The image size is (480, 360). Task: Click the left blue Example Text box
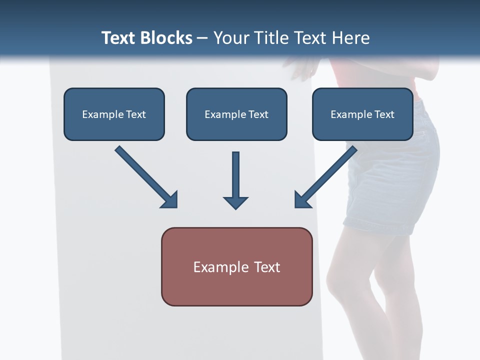click(x=114, y=114)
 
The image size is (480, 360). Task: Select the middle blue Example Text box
click(x=236, y=114)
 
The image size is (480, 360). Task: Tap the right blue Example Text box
click(x=362, y=114)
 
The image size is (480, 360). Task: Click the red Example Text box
click(x=236, y=266)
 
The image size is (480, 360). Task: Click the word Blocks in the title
click(x=166, y=38)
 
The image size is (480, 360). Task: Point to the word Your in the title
click(x=231, y=38)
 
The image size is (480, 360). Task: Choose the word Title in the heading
click(x=272, y=38)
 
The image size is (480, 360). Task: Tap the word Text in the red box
click(x=267, y=267)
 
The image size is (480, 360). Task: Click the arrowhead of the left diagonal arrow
click(x=170, y=200)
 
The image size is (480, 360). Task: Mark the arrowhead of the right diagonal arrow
click(x=302, y=200)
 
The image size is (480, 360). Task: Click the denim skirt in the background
click(x=395, y=180)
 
